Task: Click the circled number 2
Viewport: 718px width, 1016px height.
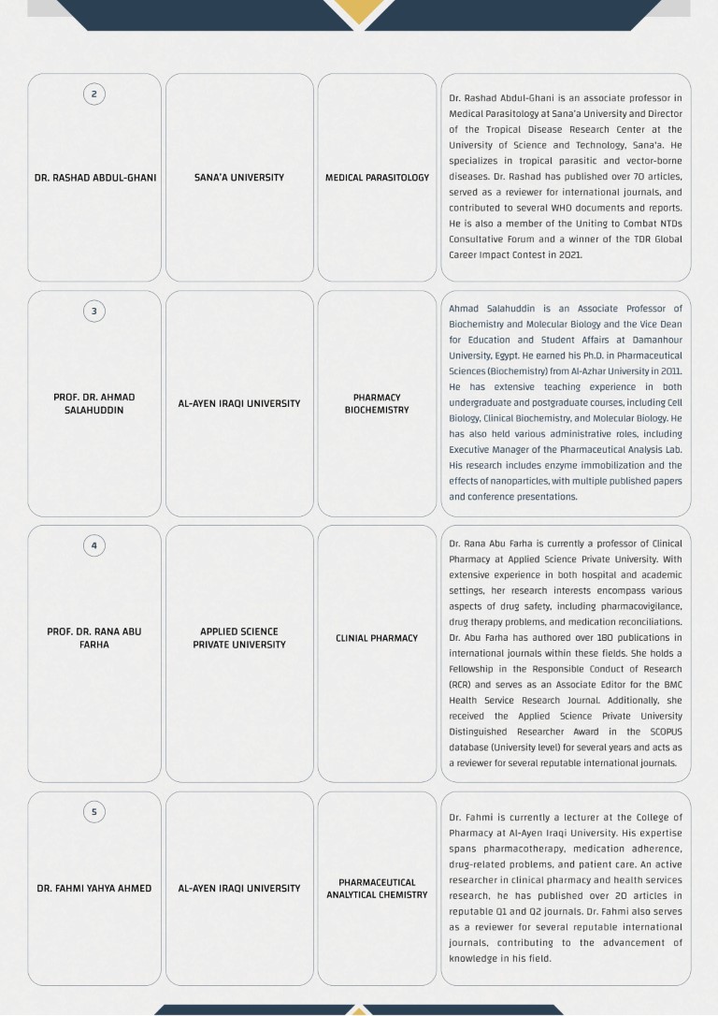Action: (x=93, y=94)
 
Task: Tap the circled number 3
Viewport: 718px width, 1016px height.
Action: (x=93, y=311)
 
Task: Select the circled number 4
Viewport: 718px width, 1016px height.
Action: (x=93, y=545)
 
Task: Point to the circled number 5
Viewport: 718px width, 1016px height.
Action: (x=93, y=812)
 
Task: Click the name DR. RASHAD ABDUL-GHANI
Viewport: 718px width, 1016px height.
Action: (x=94, y=178)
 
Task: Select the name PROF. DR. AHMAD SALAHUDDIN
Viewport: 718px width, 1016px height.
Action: (x=94, y=404)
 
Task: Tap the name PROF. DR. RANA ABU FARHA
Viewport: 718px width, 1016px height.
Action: (x=94, y=638)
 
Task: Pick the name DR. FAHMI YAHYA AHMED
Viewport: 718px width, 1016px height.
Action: (x=94, y=889)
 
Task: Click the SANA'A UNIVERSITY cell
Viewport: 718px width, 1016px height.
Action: (x=239, y=178)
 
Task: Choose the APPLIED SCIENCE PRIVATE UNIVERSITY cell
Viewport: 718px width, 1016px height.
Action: (x=239, y=638)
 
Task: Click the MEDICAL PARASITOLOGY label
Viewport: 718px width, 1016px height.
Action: (x=377, y=178)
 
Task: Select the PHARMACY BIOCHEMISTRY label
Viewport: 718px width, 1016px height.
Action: (x=377, y=404)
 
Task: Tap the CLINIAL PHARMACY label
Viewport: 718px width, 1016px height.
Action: (x=377, y=638)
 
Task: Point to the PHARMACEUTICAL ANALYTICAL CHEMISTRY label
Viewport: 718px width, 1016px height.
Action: (x=377, y=889)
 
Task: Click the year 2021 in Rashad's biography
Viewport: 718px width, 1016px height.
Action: (x=569, y=254)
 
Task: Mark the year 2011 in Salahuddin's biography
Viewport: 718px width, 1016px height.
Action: (x=669, y=371)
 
